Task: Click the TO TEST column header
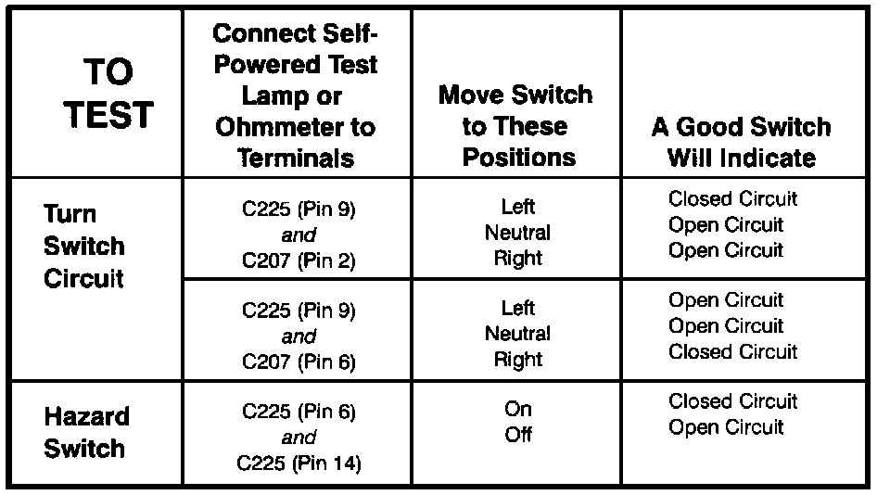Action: coord(108,94)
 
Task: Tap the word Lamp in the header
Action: coord(267,95)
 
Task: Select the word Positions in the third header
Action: coord(519,158)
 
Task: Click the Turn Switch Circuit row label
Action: coord(84,247)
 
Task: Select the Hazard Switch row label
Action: coord(87,433)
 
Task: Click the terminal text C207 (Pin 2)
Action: coord(299,260)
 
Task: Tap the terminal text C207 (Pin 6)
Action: coord(299,362)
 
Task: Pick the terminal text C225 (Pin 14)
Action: coord(299,463)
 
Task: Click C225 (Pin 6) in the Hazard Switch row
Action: coord(299,412)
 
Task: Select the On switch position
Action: coord(518,409)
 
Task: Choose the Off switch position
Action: coord(518,435)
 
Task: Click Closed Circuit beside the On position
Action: coord(732,401)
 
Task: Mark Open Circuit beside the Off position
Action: coord(726,427)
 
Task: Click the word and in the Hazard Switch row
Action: coord(299,438)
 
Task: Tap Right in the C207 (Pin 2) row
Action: coord(518,259)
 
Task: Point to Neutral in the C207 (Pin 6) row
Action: coord(517,334)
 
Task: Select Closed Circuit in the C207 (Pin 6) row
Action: coord(732,352)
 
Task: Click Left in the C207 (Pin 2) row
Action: coord(518,207)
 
